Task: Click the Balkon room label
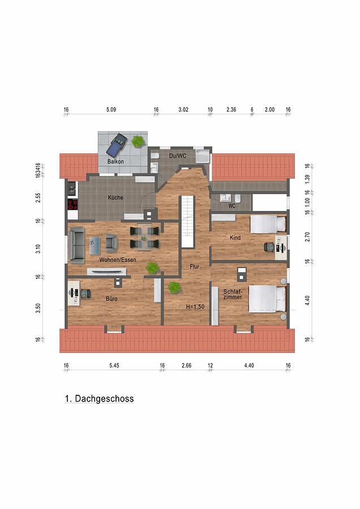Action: [115, 161]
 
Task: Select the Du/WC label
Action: [178, 156]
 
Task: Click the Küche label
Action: [115, 197]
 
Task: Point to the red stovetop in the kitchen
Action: [73, 204]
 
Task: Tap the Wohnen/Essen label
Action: [118, 260]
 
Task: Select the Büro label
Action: [112, 299]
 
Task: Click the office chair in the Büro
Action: [86, 294]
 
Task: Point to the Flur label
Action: [194, 267]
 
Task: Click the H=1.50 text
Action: [195, 307]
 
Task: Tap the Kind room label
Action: [235, 238]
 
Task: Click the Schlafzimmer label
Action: [233, 295]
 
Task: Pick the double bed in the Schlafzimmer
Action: [267, 299]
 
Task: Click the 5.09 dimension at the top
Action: [111, 110]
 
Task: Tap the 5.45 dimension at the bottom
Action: [114, 365]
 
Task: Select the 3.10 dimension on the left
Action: [38, 249]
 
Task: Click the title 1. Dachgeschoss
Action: [99, 399]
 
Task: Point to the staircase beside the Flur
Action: [187, 221]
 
